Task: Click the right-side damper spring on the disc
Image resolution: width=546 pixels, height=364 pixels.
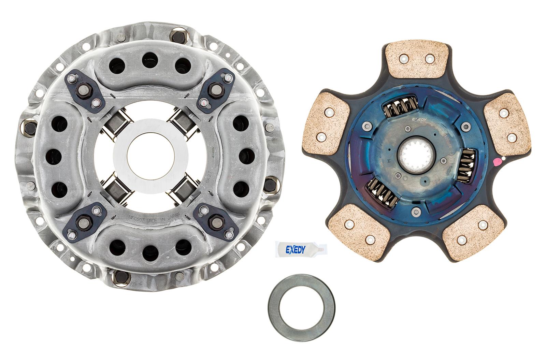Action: point(465,166)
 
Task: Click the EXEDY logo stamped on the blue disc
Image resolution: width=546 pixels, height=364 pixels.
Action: point(419,119)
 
